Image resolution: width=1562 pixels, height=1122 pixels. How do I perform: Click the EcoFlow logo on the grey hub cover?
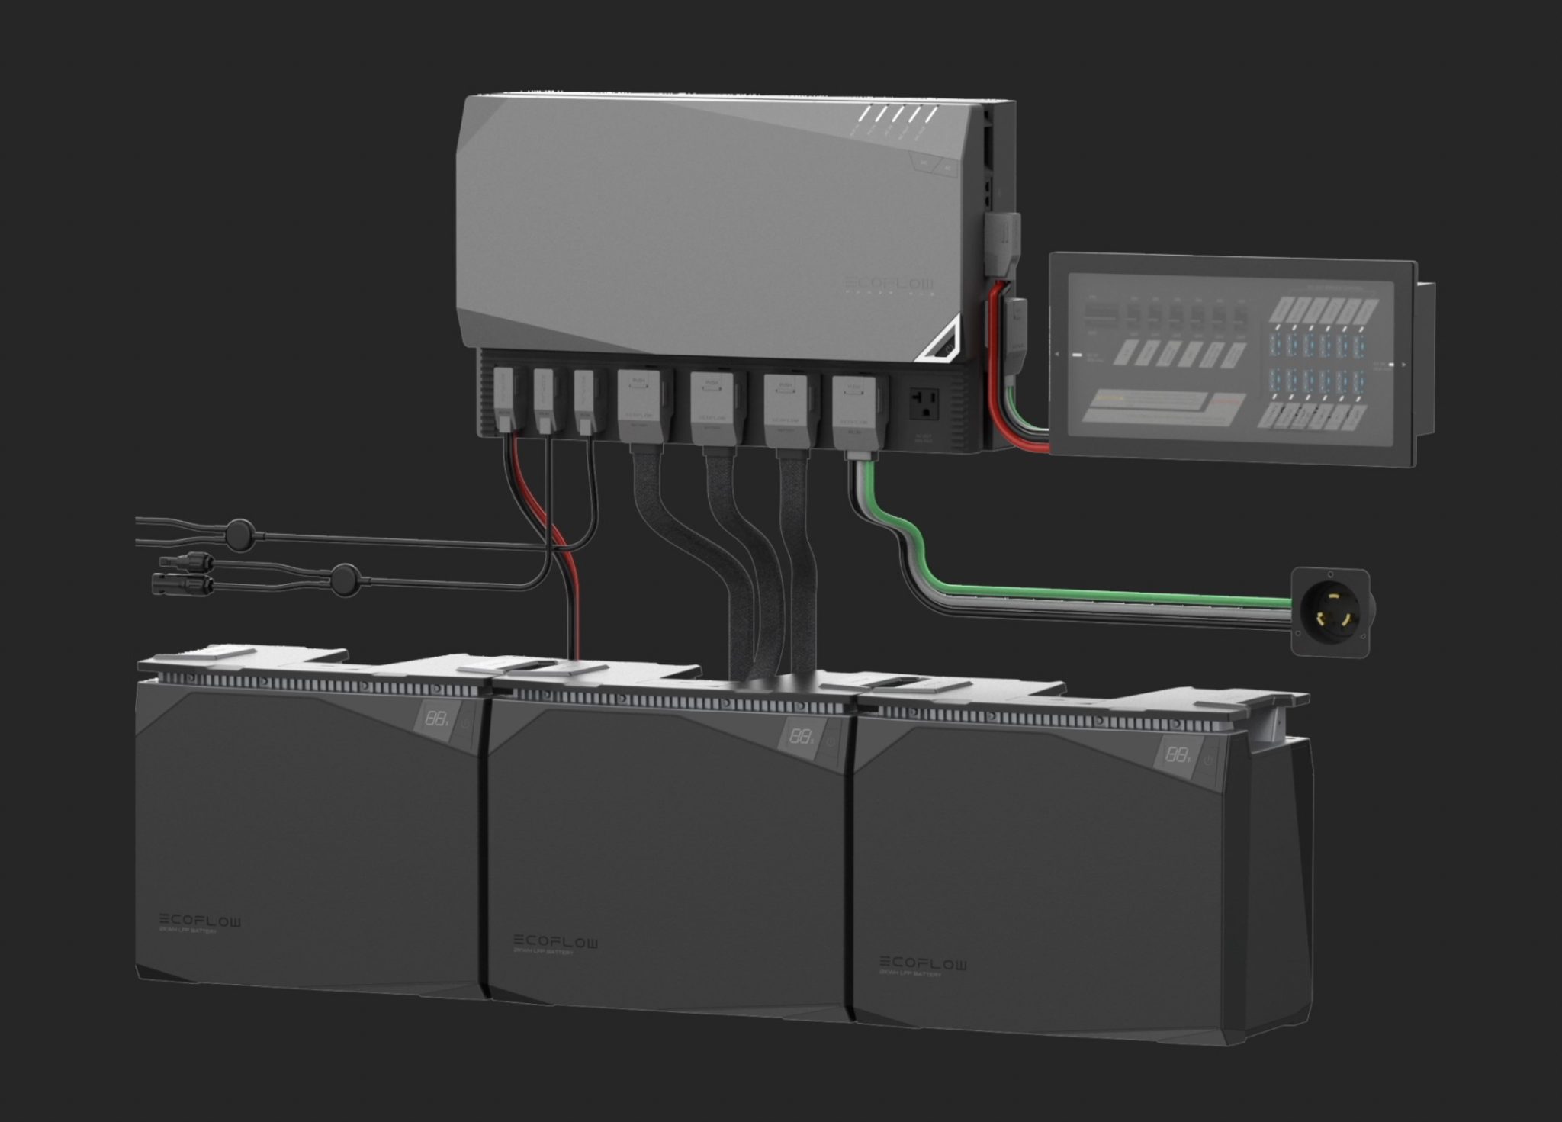889,285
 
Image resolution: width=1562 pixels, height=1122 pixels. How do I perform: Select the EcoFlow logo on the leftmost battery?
200,921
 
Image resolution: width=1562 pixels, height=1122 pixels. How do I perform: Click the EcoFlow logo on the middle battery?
555,942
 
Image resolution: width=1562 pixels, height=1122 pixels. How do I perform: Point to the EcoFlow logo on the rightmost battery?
923,963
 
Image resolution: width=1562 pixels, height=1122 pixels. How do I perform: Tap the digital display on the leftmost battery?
436,719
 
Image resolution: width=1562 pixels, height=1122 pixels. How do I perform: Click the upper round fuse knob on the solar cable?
240,529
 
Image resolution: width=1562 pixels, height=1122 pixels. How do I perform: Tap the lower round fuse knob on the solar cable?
346,579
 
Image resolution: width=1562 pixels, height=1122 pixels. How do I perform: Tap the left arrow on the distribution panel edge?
1057,355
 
